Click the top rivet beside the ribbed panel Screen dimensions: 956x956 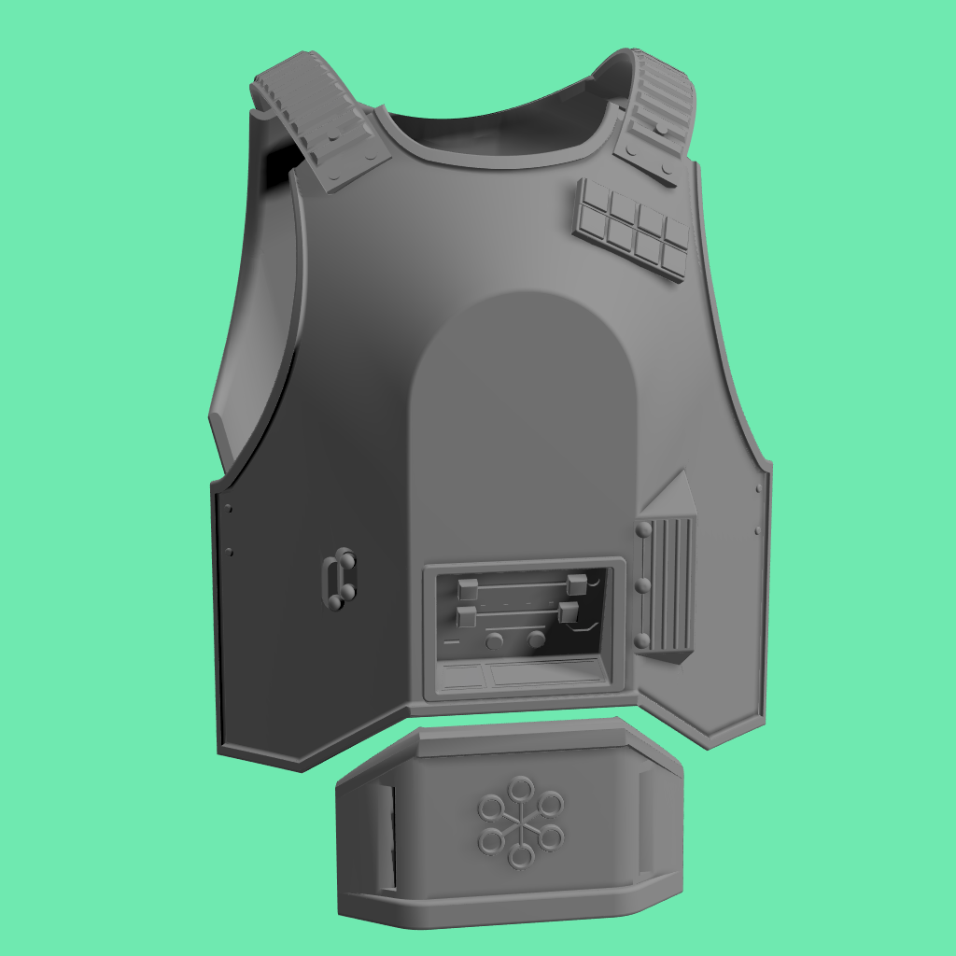click(643, 529)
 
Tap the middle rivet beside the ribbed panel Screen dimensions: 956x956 click(643, 585)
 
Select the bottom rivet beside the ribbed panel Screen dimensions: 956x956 click(643, 640)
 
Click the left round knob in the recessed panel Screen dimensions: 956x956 click(495, 640)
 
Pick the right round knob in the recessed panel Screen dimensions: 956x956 click(537, 640)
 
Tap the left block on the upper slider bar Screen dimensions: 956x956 click(469, 588)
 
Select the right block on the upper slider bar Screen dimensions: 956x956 click(576, 584)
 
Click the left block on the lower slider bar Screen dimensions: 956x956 click(466, 616)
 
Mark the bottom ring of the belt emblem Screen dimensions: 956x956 click(516, 856)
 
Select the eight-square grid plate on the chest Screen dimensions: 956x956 click(632, 228)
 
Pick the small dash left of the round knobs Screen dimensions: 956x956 click(452, 643)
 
